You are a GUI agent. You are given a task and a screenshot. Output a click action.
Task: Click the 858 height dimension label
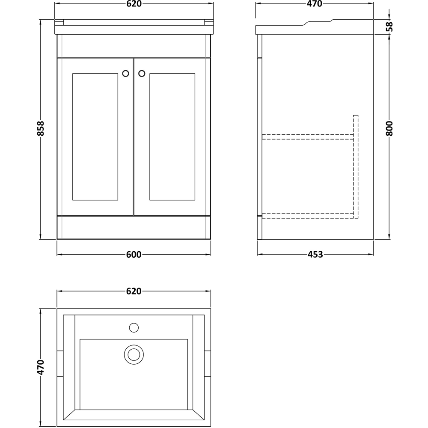[41, 128]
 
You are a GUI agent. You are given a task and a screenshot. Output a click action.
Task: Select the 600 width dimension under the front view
[134, 255]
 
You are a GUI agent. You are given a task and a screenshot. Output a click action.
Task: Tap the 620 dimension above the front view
[134, 4]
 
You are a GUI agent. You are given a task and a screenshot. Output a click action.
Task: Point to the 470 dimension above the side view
[314, 4]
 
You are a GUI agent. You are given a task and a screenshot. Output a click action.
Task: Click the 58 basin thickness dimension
[389, 27]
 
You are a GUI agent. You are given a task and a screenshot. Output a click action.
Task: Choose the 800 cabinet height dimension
[389, 128]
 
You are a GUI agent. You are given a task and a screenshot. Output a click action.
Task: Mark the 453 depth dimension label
[315, 255]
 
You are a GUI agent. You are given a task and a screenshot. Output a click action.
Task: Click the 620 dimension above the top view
[134, 291]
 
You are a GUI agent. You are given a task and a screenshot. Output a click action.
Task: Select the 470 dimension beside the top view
[41, 367]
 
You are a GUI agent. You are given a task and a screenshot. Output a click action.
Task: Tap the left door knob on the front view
[126, 73]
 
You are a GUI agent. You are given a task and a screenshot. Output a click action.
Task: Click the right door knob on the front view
[142, 73]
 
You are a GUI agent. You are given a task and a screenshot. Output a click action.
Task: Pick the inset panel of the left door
[95, 137]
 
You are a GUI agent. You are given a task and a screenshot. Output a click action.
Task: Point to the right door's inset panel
[172, 137]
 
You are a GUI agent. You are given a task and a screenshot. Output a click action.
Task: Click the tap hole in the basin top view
[134, 328]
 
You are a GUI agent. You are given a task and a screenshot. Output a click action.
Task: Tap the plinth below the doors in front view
[134, 227]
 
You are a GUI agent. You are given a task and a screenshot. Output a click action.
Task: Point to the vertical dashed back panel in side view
[356, 167]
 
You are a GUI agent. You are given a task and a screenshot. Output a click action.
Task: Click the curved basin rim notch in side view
[319, 22]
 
